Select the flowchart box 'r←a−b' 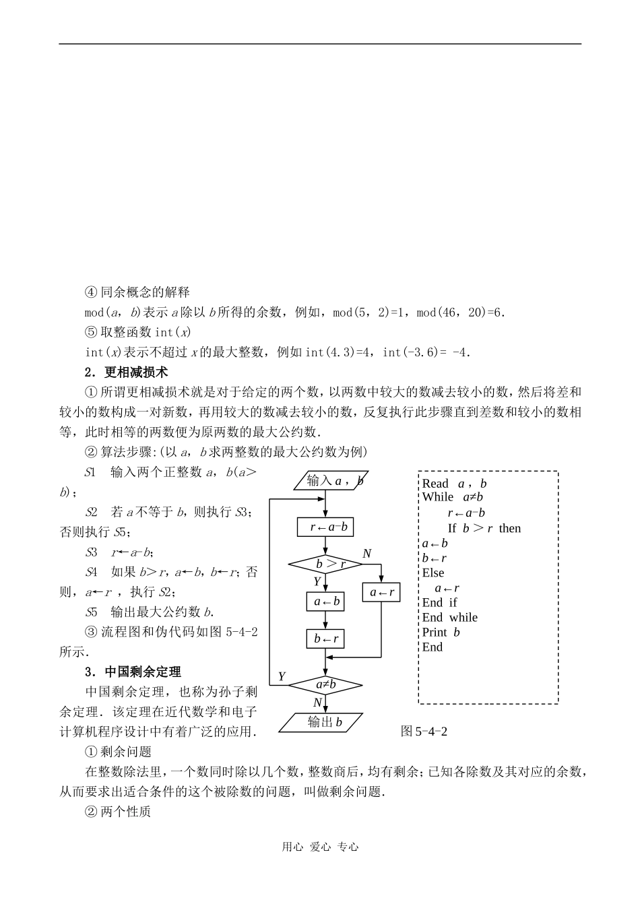click(325, 527)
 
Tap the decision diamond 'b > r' click(325, 564)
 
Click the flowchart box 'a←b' click(325, 602)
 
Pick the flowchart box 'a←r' click(381, 593)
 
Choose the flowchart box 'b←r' click(325, 639)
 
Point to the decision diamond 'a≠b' click(325, 685)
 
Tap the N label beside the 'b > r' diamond click(367, 554)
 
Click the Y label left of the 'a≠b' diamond click(282, 676)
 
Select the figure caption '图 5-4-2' click(424, 732)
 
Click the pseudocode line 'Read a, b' click(454, 484)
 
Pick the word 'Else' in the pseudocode click(433, 573)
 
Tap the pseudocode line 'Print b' click(441, 633)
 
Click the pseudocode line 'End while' click(449, 618)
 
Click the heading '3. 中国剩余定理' click(133, 672)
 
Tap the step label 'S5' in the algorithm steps click(92, 612)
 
